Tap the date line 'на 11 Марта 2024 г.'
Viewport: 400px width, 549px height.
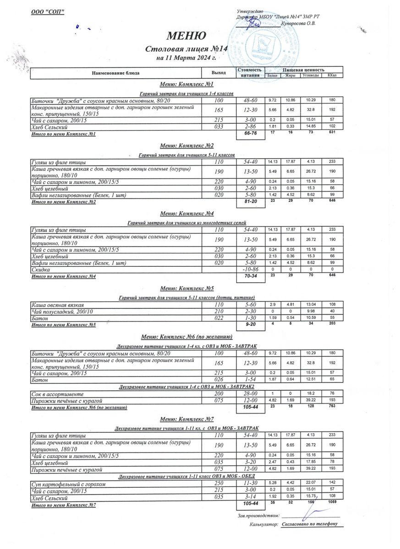[186, 59]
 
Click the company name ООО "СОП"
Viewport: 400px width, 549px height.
[45, 11]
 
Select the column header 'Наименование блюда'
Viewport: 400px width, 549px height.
[115, 73]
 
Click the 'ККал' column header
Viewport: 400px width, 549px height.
[332, 75]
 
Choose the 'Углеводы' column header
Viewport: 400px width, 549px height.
[311, 75]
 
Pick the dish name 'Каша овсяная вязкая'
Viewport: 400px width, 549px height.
[58, 305]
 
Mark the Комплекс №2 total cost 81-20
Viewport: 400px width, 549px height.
[250, 202]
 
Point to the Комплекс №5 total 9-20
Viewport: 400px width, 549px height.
[250, 324]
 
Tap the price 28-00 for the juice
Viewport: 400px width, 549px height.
[250, 393]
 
